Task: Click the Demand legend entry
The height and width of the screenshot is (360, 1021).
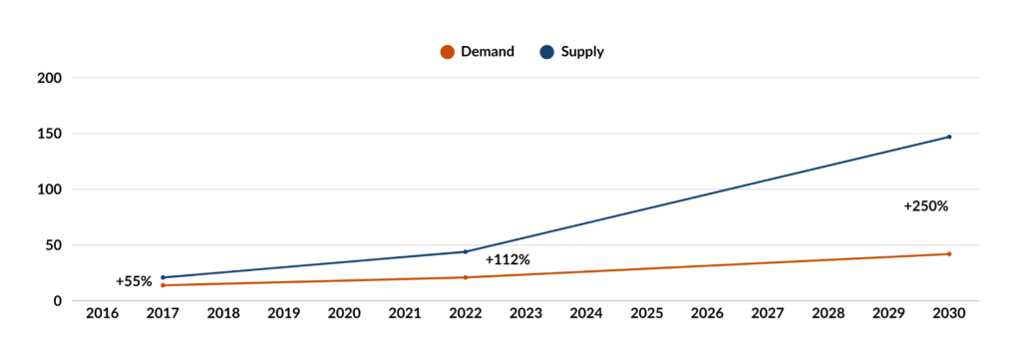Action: [x=478, y=52]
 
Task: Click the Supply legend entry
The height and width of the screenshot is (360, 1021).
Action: [x=572, y=52]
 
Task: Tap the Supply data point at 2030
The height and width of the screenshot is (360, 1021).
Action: [x=948, y=137]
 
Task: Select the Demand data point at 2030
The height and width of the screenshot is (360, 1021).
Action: [x=948, y=254]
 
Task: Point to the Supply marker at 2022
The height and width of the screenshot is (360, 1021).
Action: [x=465, y=251]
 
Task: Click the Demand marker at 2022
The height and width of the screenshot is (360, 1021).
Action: [x=465, y=277]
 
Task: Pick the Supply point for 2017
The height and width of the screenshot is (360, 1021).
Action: [x=163, y=277]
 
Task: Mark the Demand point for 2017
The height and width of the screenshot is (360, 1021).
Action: [x=163, y=285]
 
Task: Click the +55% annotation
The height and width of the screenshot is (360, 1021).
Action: [x=134, y=281]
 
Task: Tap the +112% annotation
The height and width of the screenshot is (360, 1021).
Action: [x=508, y=260]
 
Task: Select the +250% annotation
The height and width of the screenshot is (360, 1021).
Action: [x=925, y=206]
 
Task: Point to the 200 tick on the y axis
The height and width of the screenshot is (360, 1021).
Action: [x=50, y=78]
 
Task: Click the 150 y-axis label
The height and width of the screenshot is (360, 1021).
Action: [x=50, y=134]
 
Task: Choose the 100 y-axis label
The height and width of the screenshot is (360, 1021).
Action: [x=50, y=189]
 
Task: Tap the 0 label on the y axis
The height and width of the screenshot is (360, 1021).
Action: [x=58, y=301]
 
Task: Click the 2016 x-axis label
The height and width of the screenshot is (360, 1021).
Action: [x=102, y=314]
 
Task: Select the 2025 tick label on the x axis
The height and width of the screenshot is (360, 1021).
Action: [x=646, y=314]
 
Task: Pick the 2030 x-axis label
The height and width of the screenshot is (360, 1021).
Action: [x=948, y=314]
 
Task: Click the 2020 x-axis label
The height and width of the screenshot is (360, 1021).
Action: [x=344, y=314]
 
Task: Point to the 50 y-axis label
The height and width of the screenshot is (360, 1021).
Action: [x=54, y=245]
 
